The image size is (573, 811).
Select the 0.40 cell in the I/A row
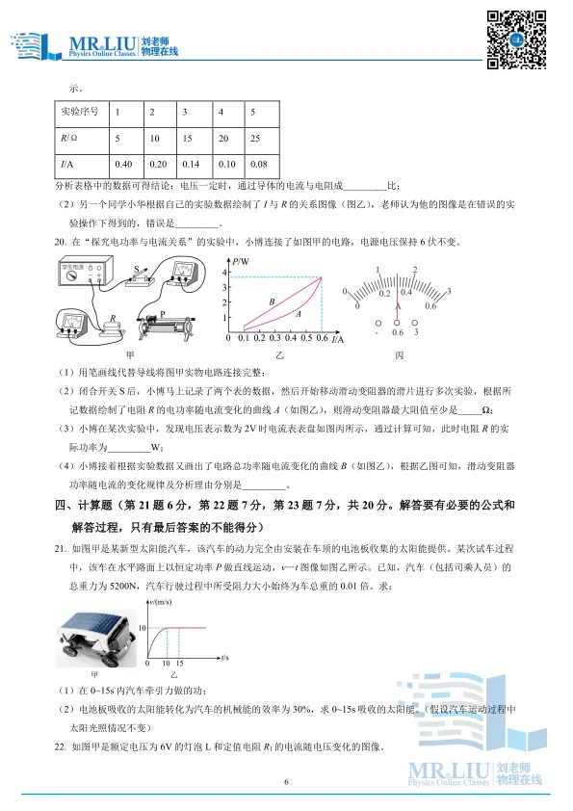[124, 164]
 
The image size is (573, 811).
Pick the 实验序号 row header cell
[81, 113]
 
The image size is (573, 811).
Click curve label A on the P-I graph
[299, 314]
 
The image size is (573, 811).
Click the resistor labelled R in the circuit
[113, 326]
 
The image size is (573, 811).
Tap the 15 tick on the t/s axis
[180, 665]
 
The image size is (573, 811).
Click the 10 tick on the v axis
[142, 628]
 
